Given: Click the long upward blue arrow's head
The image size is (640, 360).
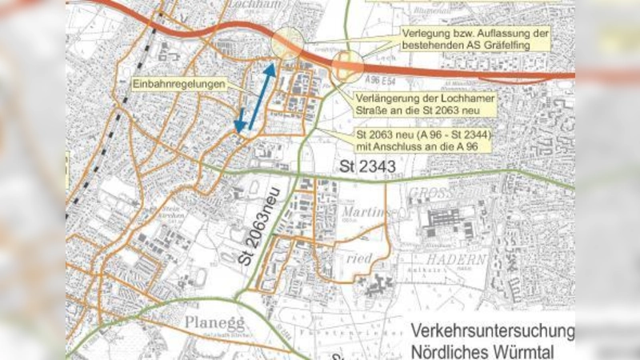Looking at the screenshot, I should click(270, 69).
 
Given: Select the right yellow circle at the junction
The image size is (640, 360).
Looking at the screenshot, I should click(348, 67).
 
